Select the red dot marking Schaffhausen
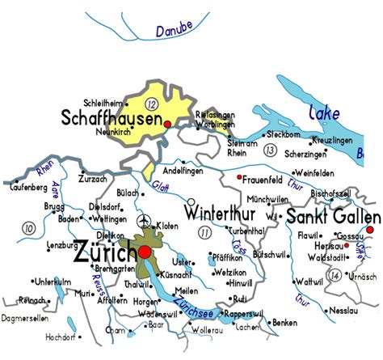(166, 125)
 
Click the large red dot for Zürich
(145, 253)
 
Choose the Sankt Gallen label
(333, 217)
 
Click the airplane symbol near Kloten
(145, 222)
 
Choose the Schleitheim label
(99, 103)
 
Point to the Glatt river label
(160, 187)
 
